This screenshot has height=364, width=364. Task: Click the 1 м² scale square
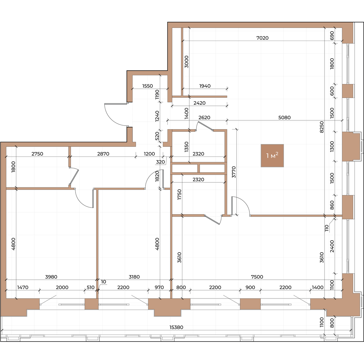click(272, 156)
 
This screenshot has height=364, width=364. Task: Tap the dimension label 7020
click(262, 38)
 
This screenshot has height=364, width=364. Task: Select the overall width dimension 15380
click(176, 327)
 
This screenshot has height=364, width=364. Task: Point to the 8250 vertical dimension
click(322, 127)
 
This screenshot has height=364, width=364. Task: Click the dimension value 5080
click(284, 117)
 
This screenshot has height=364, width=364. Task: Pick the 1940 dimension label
click(205, 86)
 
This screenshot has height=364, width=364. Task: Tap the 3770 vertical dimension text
click(234, 172)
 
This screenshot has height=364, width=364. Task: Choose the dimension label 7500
click(257, 277)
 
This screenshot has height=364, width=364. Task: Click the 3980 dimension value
click(51, 277)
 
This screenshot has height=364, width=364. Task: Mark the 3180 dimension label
click(134, 277)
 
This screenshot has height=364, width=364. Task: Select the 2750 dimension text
click(37, 154)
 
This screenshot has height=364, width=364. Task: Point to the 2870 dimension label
click(103, 154)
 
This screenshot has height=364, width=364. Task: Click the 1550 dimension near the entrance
click(147, 86)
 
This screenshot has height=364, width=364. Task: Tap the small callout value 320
click(160, 162)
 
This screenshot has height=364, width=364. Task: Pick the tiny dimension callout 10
click(103, 281)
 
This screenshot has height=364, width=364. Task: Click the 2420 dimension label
click(200, 103)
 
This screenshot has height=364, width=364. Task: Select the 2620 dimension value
click(204, 117)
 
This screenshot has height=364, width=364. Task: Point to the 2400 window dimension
click(332, 246)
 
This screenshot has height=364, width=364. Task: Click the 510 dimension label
click(90, 287)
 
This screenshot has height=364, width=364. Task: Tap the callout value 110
click(327, 228)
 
